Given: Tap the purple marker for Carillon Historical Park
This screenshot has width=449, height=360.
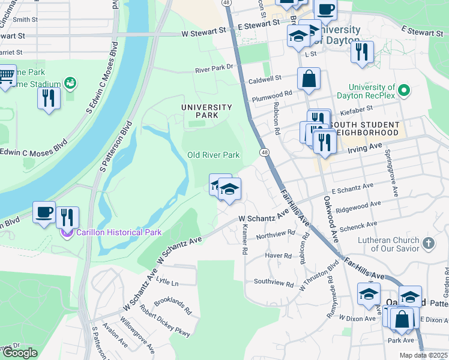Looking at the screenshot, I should tap(67, 232).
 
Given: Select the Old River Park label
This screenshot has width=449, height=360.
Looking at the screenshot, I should tap(214, 155).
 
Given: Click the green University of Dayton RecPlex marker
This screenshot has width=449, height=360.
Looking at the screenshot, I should tap(404, 91).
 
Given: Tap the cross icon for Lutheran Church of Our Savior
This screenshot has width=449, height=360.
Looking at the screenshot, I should tap(428, 243).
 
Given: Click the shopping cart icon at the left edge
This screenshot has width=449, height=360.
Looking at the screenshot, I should tap(6, 76).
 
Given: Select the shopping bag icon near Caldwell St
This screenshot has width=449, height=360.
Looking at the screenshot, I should tap(309, 79).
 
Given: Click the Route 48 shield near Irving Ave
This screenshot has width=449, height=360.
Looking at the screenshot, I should tap(264, 153).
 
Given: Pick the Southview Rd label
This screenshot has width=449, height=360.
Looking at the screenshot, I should tap(274, 282).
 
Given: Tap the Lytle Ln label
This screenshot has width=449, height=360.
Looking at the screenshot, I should tap(167, 283).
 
